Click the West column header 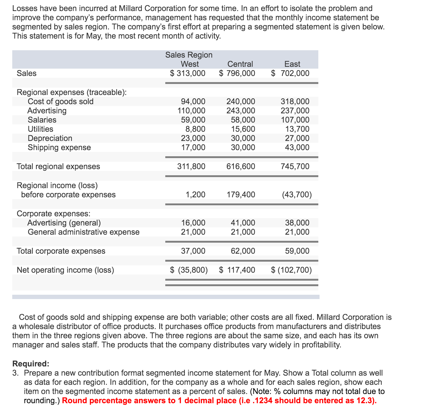pos(190,64)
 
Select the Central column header pos(240,64)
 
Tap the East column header pos(292,64)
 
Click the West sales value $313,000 pos(188,73)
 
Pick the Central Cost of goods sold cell pos(241,101)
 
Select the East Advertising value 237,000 pos(295,111)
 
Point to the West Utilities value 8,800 pos(195,129)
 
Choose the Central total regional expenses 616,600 pos(241,166)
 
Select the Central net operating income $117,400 pos(237,270)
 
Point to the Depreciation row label pos(50,138)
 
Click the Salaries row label pos(42,120)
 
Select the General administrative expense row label pos(84,232)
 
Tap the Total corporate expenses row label pos(61,251)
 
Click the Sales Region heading pos(189,55)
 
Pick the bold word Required pos(31,364)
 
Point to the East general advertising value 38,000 pos(297,223)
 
